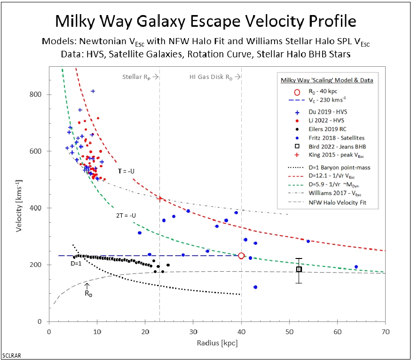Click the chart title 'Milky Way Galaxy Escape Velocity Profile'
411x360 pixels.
pos(205,21)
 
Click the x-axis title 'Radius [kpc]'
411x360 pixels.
pos(217,343)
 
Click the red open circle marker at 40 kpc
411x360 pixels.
pos(241,256)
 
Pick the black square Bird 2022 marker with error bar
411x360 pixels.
pos(299,269)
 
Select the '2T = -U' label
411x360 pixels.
pos(124,215)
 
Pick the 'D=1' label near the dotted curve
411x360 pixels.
pos(76,264)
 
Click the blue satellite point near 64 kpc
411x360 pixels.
pos(356,267)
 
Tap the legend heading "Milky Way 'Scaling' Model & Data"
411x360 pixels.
pos(327,80)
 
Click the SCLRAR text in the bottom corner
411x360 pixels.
pos(11,355)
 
